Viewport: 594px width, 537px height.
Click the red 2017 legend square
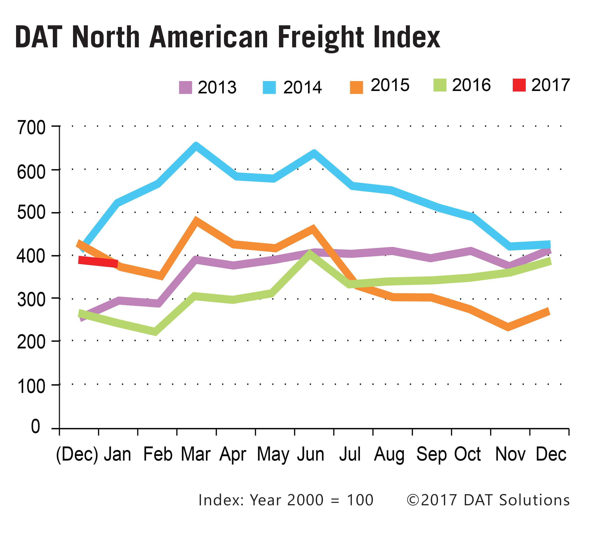519,85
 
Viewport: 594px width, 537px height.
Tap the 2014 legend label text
302,87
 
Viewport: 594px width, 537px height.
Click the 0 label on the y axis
35,426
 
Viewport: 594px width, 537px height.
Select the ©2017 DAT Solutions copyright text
488,500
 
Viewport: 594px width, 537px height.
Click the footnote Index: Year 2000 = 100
286,500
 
